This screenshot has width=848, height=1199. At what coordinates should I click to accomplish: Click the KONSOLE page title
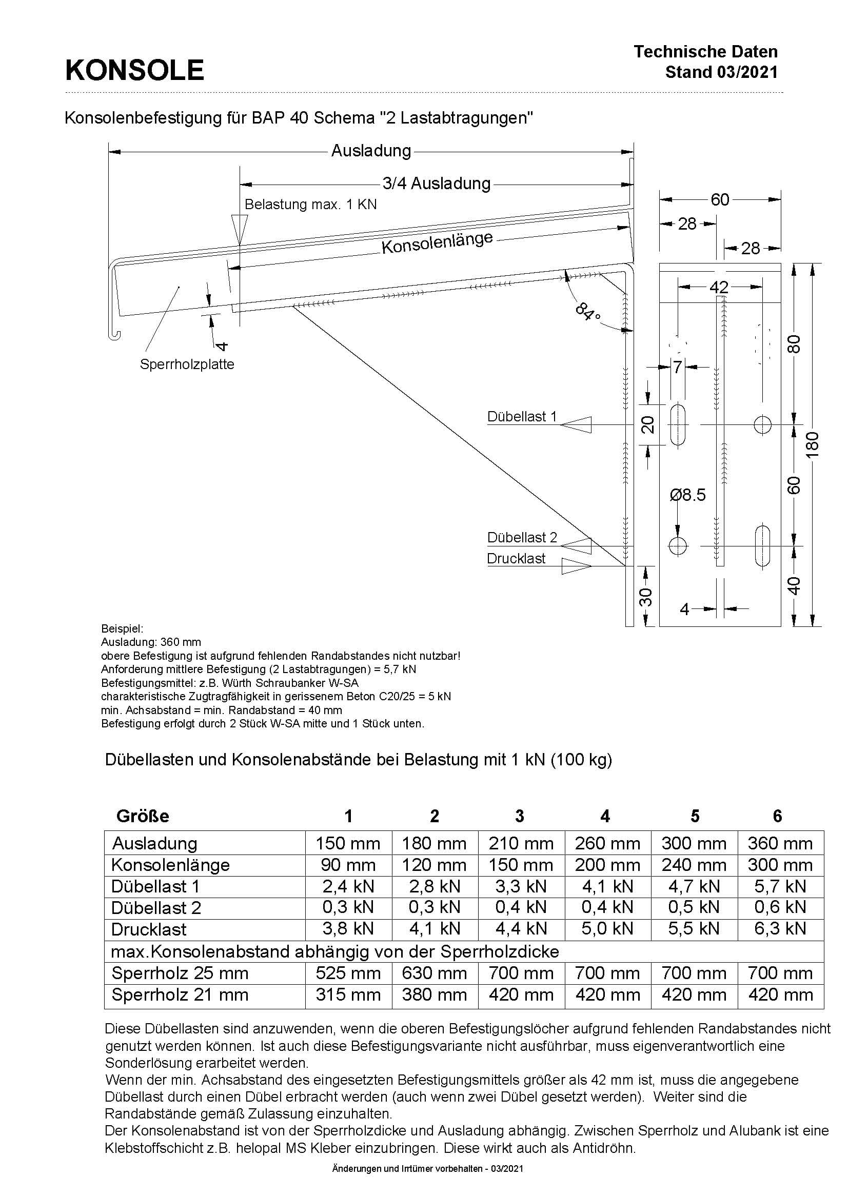tap(134, 71)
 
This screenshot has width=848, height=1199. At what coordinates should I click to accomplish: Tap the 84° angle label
tap(587, 312)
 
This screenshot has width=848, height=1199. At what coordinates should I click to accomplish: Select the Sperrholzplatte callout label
tap(187, 364)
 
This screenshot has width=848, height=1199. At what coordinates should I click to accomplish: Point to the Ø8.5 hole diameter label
tap(687, 495)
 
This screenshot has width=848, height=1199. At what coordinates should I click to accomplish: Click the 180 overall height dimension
tap(812, 445)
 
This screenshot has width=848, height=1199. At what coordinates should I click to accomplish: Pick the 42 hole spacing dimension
tap(719, 287)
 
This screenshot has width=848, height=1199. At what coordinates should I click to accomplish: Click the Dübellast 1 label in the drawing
tap(521, 417)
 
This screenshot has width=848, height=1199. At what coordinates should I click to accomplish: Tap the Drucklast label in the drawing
tap(516, 559)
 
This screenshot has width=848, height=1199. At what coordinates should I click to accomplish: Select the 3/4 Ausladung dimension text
tap(436, 184)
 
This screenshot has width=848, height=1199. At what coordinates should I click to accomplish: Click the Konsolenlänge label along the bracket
tap(437, 243)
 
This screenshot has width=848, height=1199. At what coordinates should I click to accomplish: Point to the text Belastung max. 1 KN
tap(310, 204)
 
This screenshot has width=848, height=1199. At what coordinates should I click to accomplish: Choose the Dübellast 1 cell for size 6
tap(780, 887)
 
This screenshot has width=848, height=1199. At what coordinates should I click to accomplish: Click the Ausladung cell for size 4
tap(607, 843)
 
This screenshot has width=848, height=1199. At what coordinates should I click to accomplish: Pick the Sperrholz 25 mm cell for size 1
tap(348, 973)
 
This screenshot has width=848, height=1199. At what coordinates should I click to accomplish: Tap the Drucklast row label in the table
tap(149, 929)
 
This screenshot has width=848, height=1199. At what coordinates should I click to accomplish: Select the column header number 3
tap(519, 816)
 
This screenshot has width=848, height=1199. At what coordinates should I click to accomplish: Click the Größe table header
tap(143, 816)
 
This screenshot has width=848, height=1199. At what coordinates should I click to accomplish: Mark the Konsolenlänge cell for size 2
tap(433, 865)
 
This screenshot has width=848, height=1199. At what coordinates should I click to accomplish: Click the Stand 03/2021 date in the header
tap(721, 72)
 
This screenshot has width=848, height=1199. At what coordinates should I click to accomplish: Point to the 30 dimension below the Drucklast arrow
tap(646, 597)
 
